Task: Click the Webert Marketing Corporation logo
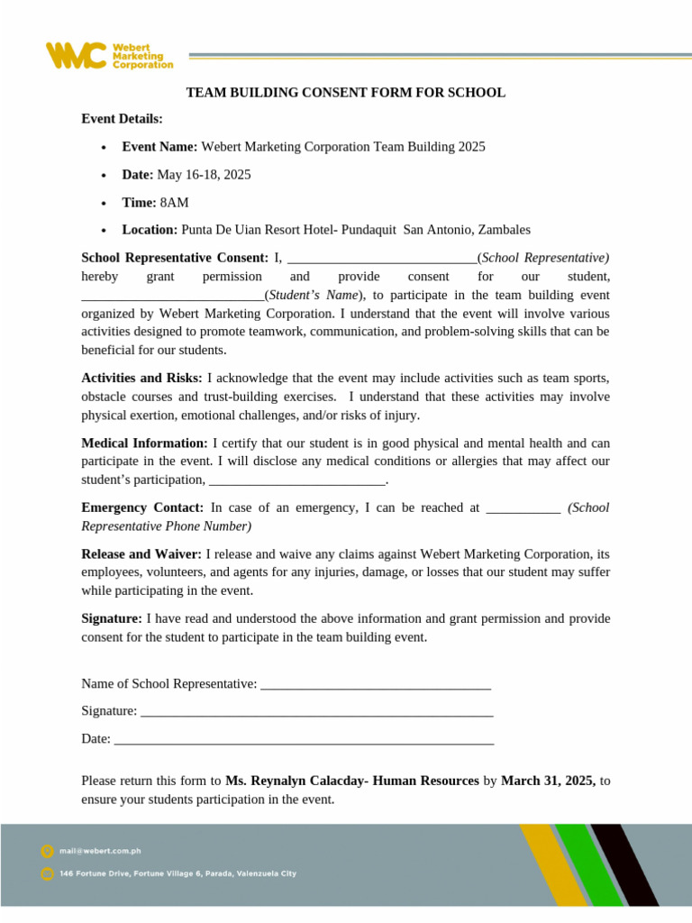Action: [x=109, y=55]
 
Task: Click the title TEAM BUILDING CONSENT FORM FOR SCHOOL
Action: [x=345, y=93]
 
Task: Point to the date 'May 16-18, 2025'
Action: [x=204, y=174]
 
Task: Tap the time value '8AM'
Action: [x=174, y=202]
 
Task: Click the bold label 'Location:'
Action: [x=150, y=230]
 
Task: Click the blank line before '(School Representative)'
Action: [x=381, y=260]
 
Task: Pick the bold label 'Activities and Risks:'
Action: [x=141, y=378]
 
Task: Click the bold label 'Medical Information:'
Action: [x=144, y=443]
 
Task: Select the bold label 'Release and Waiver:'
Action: [x=141, y=553]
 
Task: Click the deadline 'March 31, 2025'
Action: [x=547, y=781]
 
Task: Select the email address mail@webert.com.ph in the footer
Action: [x=100, y=850]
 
